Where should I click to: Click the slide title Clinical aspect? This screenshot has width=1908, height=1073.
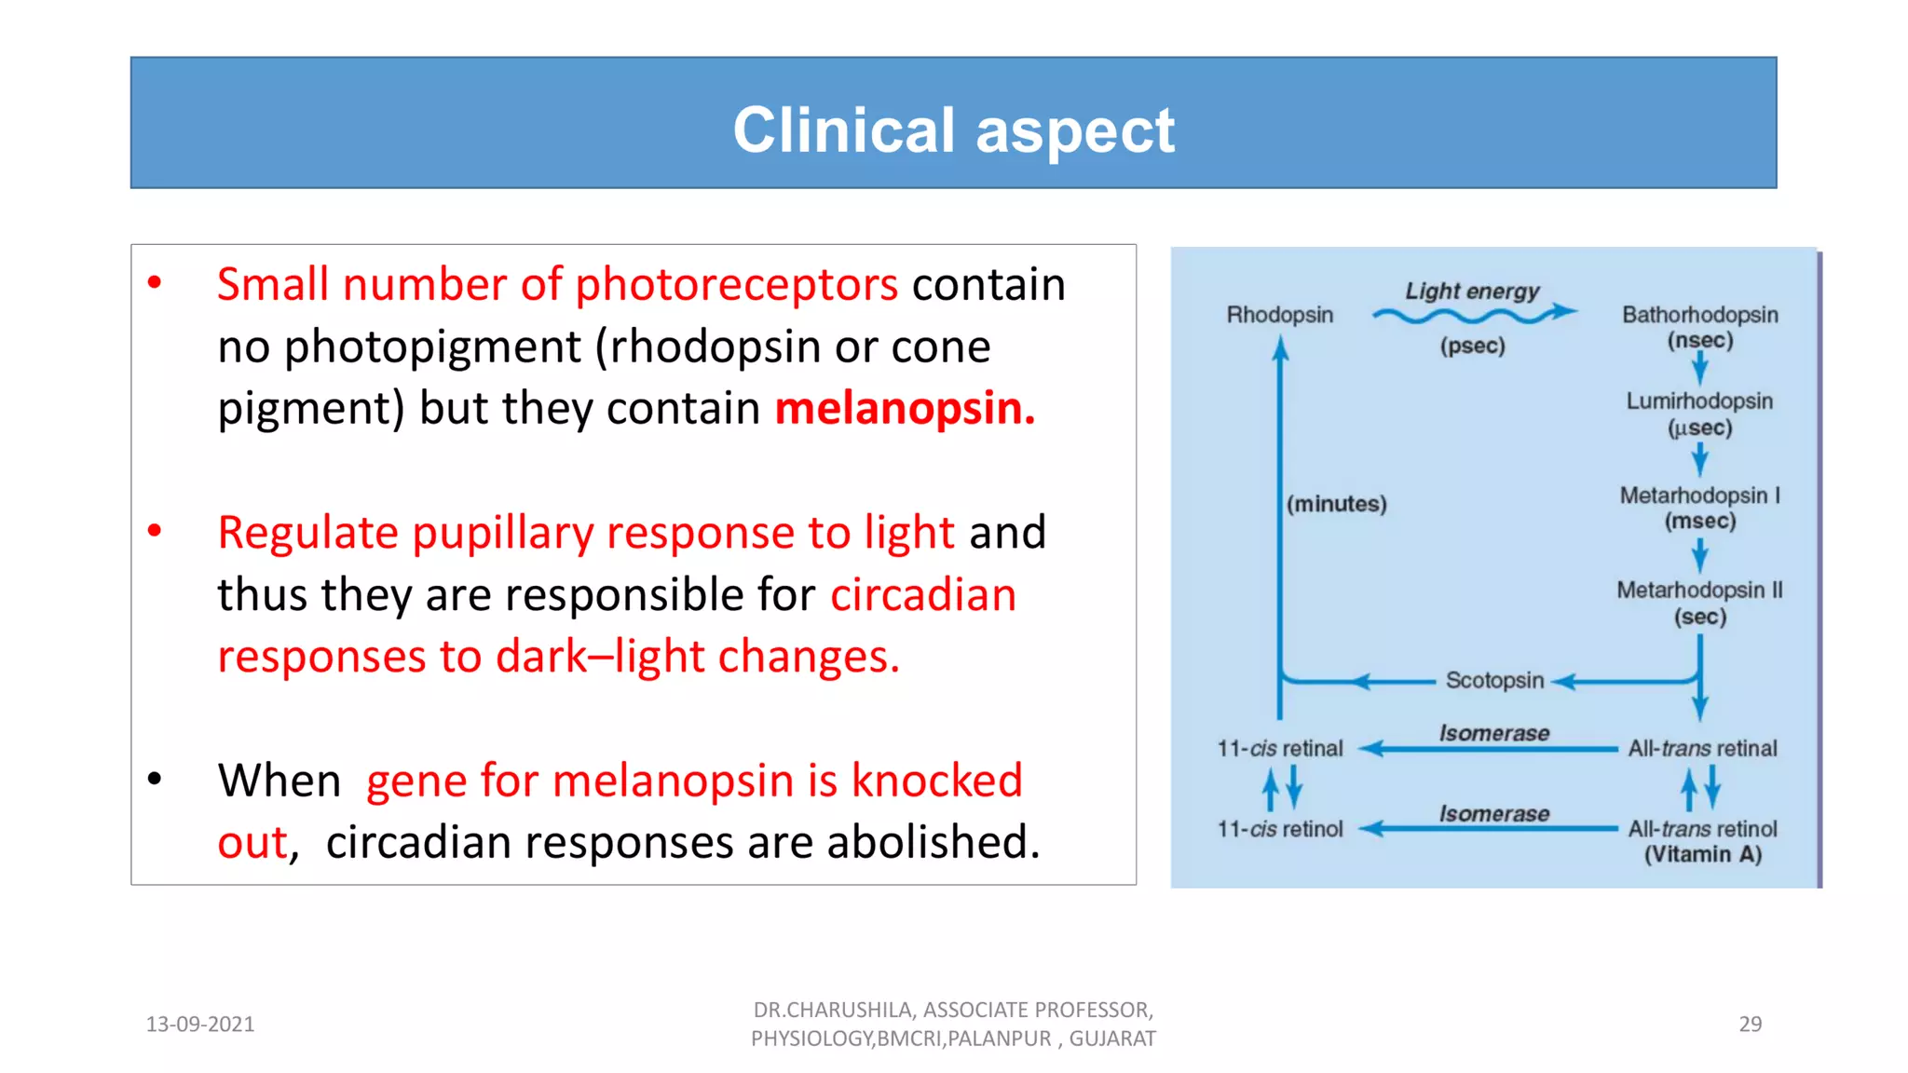(953, 129)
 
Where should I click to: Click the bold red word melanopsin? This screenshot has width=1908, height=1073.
(904, 408)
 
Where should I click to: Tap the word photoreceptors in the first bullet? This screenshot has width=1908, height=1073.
(736, 284)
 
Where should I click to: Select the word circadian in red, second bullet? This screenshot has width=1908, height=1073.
(922, 594)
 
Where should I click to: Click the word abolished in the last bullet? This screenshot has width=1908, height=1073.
(932, 842)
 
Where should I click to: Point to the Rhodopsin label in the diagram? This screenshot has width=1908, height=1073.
(1279, 315)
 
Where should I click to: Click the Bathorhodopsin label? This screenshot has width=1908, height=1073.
(1699, 315)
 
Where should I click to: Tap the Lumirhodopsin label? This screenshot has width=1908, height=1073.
(1699, 401)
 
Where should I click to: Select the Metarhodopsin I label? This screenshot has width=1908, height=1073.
(1699, 496)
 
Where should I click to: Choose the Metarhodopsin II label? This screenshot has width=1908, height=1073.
(1699, 591)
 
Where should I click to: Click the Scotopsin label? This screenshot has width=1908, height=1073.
(1494, 681)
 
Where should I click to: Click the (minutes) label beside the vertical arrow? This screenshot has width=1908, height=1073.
(1336, 504)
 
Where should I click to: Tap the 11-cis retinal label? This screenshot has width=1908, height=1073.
(1279, 749)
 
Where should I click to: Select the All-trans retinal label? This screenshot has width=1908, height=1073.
(1702, 749)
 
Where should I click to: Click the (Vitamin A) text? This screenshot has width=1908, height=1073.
(1702, 855)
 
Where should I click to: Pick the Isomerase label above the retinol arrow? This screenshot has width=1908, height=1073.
(1494, 814)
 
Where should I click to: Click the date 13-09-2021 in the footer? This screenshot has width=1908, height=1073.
(200, 1025)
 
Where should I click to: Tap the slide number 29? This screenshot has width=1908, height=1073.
(1750, 1025)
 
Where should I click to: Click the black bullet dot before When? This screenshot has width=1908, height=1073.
(155, 779)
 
